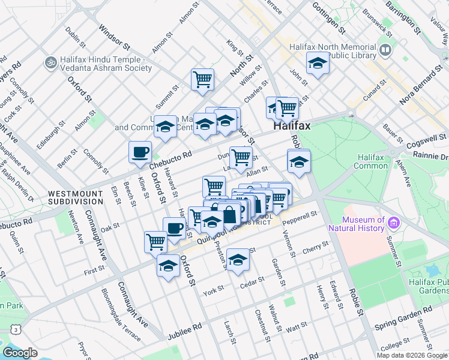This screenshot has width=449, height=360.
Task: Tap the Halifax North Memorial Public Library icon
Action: [x=385, y=49]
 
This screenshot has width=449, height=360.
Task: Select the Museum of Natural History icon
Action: [x=394, y=224]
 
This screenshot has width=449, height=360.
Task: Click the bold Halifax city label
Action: [x=292, y=127]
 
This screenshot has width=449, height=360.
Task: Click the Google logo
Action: [x=20, y=353]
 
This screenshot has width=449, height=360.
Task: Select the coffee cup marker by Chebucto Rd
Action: [x=140, y=152]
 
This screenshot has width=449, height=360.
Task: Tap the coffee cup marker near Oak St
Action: [x=174, y=228]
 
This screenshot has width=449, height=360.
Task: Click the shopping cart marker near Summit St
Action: [x=202, y=79]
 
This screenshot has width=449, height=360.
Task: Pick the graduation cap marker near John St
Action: [x=318, y=63]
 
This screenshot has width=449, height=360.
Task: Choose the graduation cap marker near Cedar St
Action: [x=238, y=259]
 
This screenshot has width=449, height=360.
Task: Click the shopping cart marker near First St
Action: [x=155, y=242]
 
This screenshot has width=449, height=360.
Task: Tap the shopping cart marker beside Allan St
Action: [x=241, y=157]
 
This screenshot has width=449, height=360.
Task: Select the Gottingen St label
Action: [x=329, y=17]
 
